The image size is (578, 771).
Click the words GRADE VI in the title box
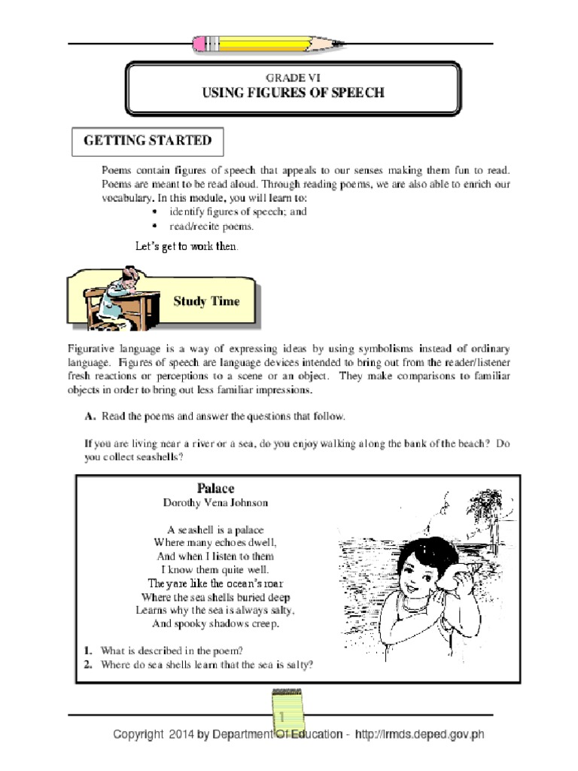point(293,78)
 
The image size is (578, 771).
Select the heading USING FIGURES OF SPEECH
point(293,93)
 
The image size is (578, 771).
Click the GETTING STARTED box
point(148,141)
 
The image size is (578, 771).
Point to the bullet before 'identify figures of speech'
point(154,212)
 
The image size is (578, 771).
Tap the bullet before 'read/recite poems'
point(154,226)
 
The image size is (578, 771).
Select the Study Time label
point(206,301)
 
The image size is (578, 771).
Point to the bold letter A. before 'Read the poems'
point(90,416)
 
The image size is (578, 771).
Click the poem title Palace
point(215,489)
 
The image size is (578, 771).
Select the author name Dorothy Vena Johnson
point(215,502)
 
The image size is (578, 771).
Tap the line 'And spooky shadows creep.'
point(215,624)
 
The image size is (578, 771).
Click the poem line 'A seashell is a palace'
point(215,529)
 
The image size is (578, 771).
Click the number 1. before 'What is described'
point(88,650)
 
